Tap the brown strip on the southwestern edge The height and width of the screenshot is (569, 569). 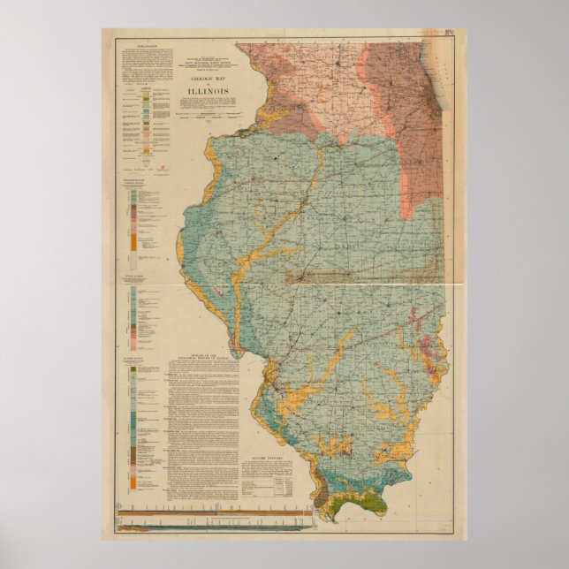click(322, 490)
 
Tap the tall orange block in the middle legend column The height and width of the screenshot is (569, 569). click(133, 239)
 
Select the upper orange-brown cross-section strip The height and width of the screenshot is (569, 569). click(212, 514)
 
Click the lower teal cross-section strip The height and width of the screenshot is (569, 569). click(212, 527)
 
